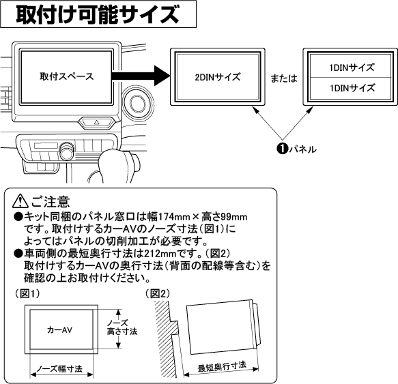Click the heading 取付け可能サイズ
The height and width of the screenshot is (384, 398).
coord(98,14)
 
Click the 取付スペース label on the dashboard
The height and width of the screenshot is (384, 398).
coord(66,76)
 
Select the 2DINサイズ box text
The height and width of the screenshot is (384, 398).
coord(217,76)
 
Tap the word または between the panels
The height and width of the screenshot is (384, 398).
coord(281,78)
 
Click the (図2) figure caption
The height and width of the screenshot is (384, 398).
coord(158,293)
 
